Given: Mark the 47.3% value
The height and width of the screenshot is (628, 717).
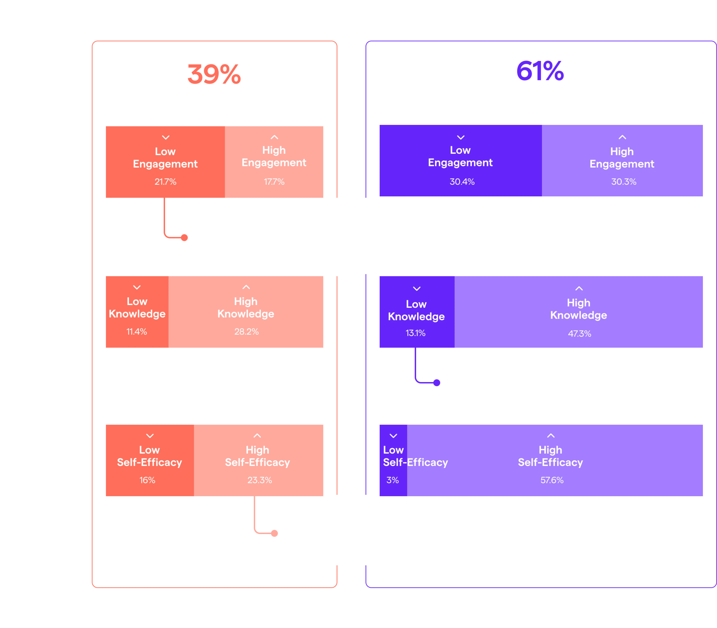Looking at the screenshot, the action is click(579, 334).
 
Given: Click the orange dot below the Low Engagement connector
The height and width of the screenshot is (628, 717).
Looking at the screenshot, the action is click(184, 238).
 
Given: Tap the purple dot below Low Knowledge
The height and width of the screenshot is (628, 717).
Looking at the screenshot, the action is click(437, 383).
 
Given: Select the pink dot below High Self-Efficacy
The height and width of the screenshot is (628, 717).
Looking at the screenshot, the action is click(274, 533).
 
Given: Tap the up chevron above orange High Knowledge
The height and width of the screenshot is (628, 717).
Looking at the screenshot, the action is click(246, 287).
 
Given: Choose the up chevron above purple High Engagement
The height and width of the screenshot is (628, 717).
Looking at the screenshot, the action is click(622, 137).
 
